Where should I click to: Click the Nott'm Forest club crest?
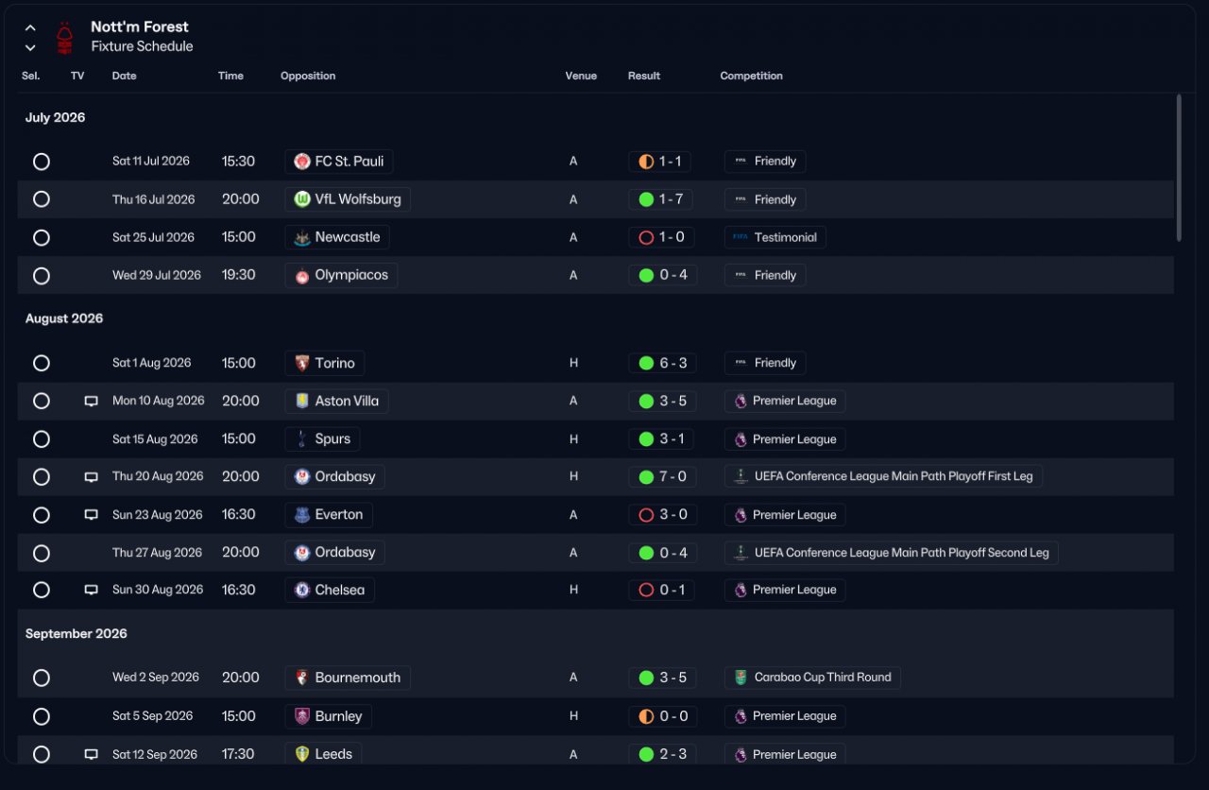point(65,37)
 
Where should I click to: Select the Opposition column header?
point(308,76)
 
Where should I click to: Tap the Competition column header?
point(751,76)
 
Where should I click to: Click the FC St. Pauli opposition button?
point(338,161)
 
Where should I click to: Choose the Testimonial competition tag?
point(775,237)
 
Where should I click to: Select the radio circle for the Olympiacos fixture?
point(42,275)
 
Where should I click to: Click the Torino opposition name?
point(334,363)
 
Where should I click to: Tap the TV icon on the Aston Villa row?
point(92,402)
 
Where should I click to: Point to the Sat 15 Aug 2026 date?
point(155,439)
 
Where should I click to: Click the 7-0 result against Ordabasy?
point(662,477)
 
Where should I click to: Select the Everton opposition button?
point(329,515)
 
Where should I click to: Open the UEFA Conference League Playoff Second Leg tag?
point(891,553)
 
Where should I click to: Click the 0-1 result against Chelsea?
point(661,590)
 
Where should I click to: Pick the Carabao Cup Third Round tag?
point(812,678)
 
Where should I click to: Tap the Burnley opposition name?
point(338,716)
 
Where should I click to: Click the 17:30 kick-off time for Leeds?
point(238,754)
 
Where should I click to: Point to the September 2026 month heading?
point(77,633)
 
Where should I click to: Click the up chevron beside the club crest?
point(30,28)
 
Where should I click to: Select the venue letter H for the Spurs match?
point(573,439)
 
